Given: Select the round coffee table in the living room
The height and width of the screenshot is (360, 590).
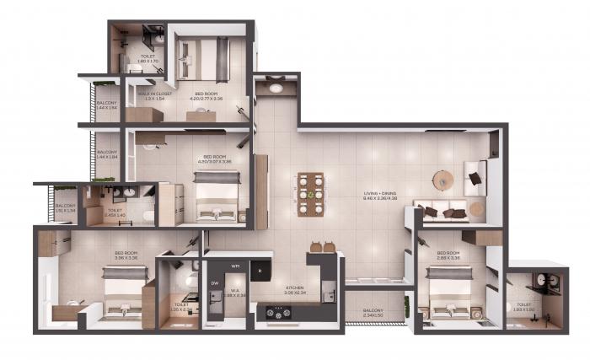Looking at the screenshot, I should pos(443,180).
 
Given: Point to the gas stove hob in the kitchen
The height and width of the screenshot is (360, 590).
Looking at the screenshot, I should pos(277,312).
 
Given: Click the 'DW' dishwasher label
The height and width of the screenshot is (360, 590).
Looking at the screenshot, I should pos(215,283).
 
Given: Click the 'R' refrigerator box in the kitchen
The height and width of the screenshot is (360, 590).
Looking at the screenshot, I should pos(260,271).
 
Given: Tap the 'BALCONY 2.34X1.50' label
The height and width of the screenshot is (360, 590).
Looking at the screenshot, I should pos(374,313).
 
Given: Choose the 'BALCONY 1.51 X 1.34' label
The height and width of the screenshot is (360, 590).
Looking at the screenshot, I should pos(65,207).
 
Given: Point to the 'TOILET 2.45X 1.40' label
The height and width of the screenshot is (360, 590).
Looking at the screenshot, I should pos(114,212).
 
